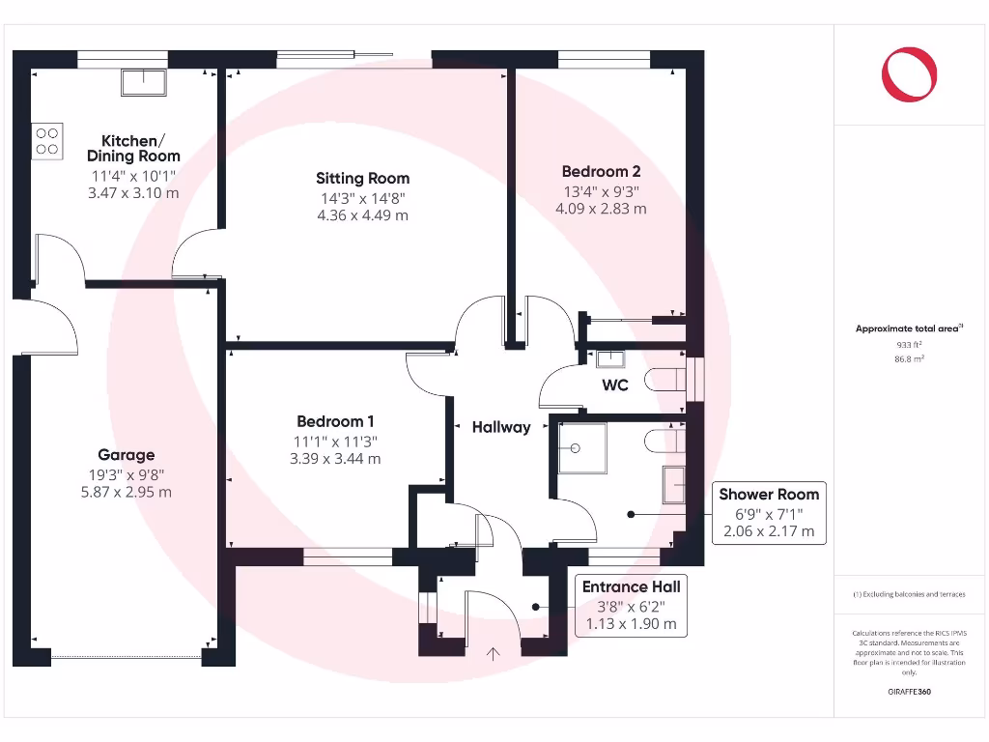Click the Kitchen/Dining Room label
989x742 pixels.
point(133,148)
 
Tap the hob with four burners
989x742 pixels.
point(47,141)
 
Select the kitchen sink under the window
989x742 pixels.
point(143,82)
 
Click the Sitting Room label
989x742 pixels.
point(362,178)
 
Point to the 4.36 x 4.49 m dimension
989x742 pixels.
point(362,214)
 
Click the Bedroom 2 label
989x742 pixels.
point(601,171)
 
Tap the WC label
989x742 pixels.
point(615,385)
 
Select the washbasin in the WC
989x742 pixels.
point(609,359)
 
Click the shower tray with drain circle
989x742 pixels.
point(582,447)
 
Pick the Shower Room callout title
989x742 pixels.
point(769,495)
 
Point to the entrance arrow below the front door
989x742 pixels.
point(494,654)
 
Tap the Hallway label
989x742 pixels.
point(501,427)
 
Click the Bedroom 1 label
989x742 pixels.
point(335,421)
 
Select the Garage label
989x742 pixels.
point(126,455)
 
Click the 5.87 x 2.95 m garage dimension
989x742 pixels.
point(126,492)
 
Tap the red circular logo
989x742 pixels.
point(909,74)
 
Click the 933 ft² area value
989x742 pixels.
point(909,344)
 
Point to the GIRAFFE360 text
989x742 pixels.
point(909,692)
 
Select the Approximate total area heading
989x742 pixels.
point(907,329)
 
